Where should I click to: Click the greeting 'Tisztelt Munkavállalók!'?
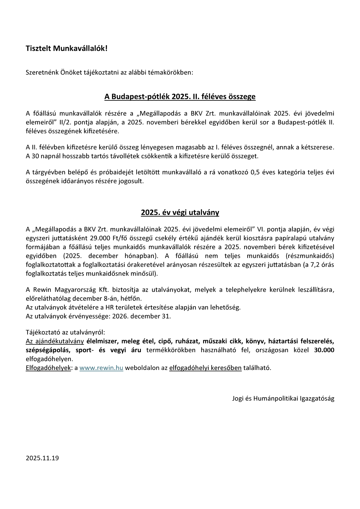pos(66,48)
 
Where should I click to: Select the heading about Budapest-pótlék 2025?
pos(180,97)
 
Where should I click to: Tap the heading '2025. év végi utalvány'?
pos(180,212)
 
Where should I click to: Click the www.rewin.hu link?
pos(101,368)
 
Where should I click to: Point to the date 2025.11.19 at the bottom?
pos(42,458)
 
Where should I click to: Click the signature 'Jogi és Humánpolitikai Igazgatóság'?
pos(283,398)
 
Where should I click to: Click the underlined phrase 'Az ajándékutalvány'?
pos(55,342)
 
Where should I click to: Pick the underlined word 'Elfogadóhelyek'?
pos(48,368)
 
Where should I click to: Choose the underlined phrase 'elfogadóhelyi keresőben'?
pos(205,368)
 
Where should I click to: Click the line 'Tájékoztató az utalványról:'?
pos(65,332)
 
